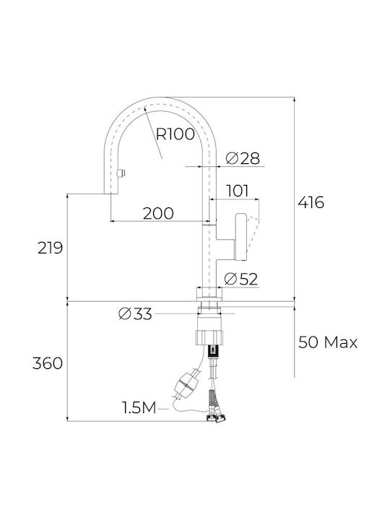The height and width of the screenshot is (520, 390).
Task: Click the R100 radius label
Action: [x=175, y=134]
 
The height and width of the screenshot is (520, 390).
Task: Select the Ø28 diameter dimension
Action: [x=243, y=158]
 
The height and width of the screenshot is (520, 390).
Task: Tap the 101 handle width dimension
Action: [x=237, y=191]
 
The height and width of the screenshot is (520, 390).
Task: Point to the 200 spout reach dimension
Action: [x=158, y=213]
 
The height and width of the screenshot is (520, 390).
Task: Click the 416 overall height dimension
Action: [x=311, y=202]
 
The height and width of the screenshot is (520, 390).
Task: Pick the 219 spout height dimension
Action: [x=50, y=248]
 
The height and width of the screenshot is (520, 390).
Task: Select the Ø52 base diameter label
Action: [x=240, y=279]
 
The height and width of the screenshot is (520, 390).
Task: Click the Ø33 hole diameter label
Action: [x=135, y=313]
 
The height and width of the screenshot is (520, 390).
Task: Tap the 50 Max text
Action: [x=328, y=342]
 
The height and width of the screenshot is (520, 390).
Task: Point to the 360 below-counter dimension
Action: [x=48, y=363]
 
